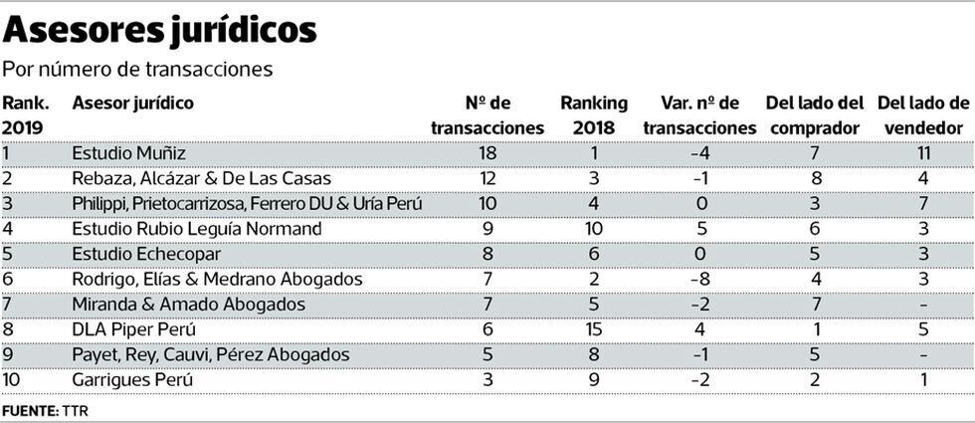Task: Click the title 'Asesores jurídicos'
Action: pos(160,30)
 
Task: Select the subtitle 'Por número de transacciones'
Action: pos(137,71)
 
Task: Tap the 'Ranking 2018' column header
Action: pos(594,115)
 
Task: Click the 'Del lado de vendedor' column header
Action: pos(922,115)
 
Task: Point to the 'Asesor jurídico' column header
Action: pos(133,104)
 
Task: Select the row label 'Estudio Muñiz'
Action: pos(129,153)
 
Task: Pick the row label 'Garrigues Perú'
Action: pos(132,379)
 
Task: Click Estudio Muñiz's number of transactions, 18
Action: pos(487,153)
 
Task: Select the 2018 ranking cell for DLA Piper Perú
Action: pos(594,329)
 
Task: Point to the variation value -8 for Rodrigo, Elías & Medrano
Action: pos(699,280)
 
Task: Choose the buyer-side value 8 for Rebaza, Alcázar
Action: pos(815,178)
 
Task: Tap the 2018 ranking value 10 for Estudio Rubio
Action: pos(594,229)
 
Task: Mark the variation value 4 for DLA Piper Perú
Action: pos(699,329)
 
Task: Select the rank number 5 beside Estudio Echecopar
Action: pos(7,254)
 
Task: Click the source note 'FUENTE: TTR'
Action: pos(45,409)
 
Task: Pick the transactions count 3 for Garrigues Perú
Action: pos(487,379)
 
